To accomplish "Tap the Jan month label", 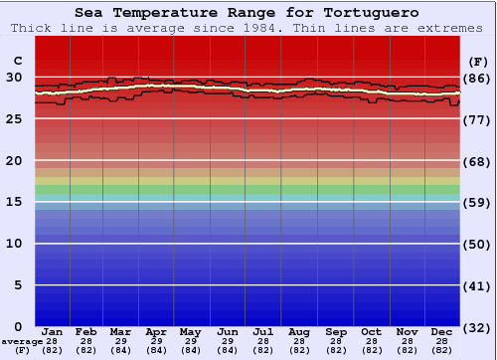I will pos(53,331).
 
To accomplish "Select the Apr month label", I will pos(156,331).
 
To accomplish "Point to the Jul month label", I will pos(263,331).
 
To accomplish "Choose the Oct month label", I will pos(371,331).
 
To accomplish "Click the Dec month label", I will pos(442,331).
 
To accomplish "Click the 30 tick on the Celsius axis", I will pos(14,77).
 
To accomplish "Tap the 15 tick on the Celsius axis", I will pos(14,202).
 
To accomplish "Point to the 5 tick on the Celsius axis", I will pos(18,285).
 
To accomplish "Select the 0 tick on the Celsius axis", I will pos(18,327).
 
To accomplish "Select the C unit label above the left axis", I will pos(17,61).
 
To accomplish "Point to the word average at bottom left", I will pos(22,341).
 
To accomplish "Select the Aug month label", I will pos(299,331).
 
